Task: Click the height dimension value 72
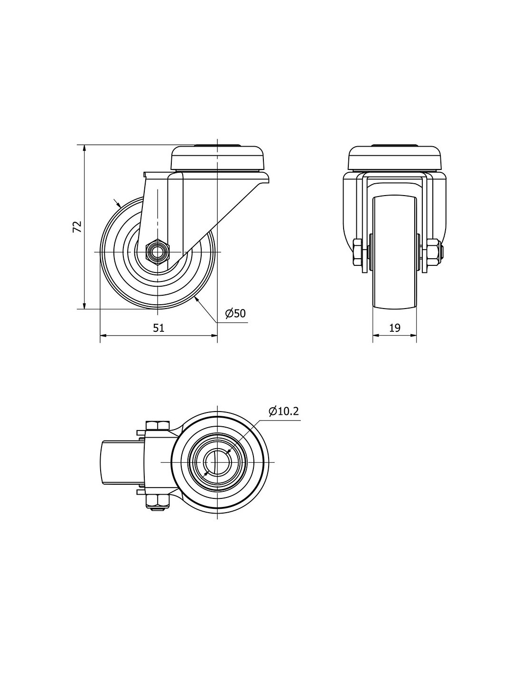point(77,226)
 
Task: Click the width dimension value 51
point(158,328)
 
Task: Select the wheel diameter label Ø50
point(235,313)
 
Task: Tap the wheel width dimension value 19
point(395,328)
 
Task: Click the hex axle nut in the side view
point(158,252)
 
